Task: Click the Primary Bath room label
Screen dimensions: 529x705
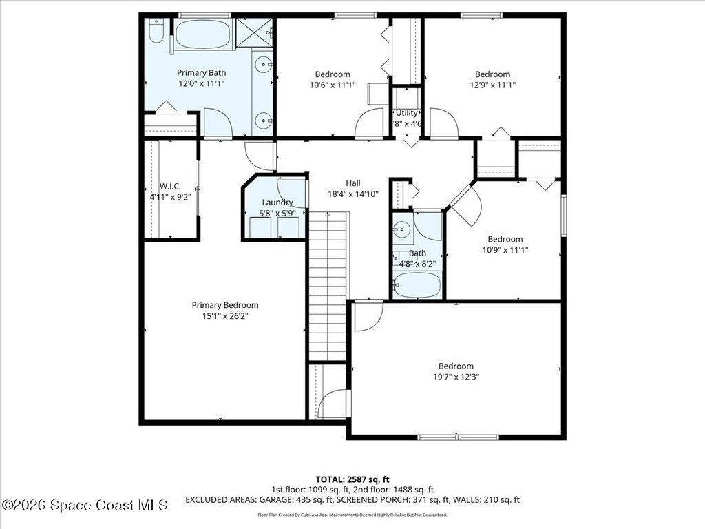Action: tap(201, 72)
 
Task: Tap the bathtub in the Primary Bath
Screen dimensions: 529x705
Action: tap(202, 34)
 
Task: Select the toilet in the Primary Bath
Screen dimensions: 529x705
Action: tap(156, 31)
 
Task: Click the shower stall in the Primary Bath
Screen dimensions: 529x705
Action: tap(254, 32)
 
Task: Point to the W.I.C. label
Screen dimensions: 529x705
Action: tap(169, 187)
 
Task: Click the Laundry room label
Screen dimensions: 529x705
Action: tap(277, 203)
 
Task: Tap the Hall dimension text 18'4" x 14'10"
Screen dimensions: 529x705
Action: tap(353, 194)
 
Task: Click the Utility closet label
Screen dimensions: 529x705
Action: tap(406, 113)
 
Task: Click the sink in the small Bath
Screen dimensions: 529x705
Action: tap(403, 229)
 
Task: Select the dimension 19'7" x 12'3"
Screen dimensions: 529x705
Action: tap(456, 377)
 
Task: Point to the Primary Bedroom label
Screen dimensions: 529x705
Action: tap(225, 305)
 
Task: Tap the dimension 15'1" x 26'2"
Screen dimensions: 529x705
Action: tap(225, 316)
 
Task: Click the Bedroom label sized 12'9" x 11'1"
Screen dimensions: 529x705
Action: tap(492, 74)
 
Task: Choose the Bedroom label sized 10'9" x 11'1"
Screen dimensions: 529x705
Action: tap(505, 239)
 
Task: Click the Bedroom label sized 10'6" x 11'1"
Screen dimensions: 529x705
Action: tap(333, 74)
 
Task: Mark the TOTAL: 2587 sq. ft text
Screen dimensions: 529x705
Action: tap(352, 479)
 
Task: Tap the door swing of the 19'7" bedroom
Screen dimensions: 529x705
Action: tap(366, 316)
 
